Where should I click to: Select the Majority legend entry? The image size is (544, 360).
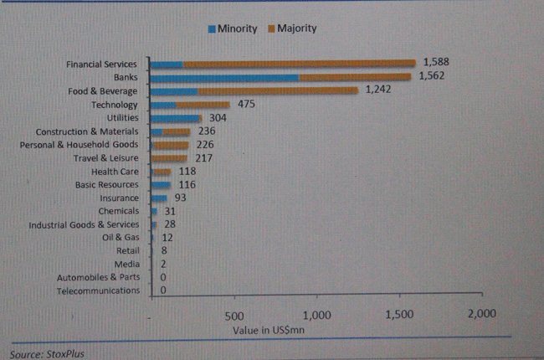[x=290, y=28]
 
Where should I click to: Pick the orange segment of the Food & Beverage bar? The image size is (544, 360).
[x=277, y=90]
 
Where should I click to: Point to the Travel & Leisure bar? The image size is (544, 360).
[x=169, y=157]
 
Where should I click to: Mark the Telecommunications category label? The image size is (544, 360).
[x=98, y=291]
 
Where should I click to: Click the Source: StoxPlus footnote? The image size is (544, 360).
[x=48, y=352]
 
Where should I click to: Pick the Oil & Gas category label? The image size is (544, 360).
[x=121, y=237]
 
